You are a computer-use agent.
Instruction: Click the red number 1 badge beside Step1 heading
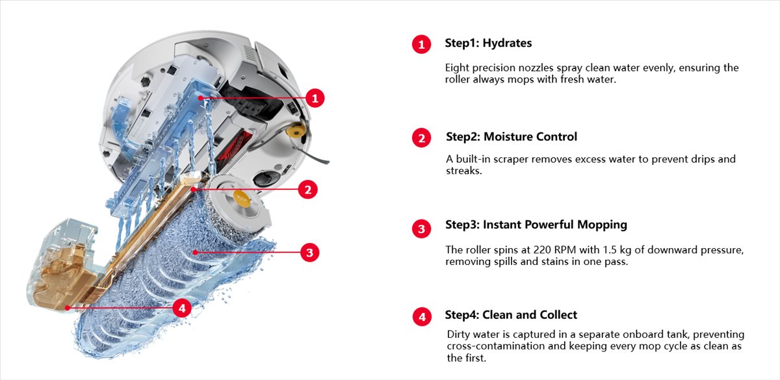[x=421, y=44]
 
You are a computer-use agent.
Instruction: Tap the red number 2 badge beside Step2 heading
[x=421, y=138]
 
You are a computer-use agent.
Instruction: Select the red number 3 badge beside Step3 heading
[x=421, y=229]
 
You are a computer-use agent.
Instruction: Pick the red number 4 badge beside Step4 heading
[x=422, y=317]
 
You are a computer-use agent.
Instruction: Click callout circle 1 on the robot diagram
[x=315, y=98]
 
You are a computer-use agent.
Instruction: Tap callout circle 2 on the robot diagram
[x=307, y=190]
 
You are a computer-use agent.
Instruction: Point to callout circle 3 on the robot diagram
[x=309, y=252]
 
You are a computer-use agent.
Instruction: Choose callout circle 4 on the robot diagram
[x=182, y=308]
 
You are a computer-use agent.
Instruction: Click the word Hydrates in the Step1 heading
[x=508, y=43]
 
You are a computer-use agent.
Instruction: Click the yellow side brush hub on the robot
[x=296, y=131]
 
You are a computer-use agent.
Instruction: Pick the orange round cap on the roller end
[x=242, y=199]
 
